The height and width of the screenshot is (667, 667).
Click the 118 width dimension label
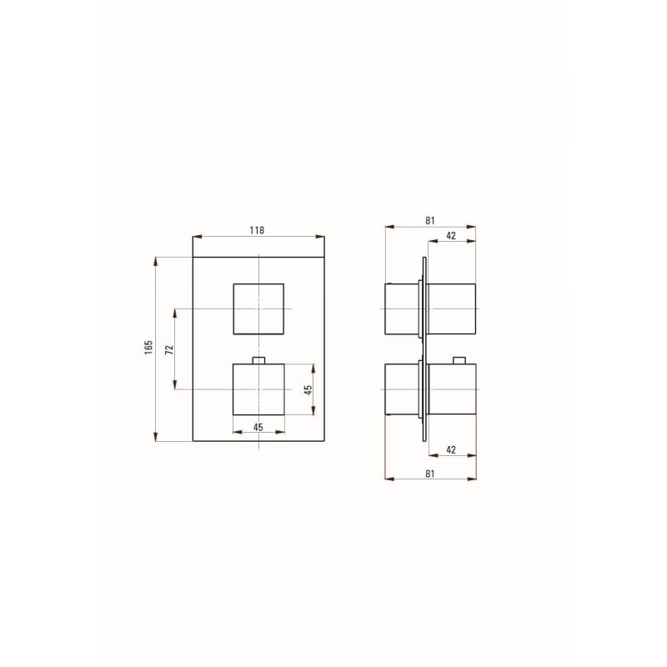[x=257, y=230]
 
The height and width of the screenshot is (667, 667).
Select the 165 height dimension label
[x=148, y=348]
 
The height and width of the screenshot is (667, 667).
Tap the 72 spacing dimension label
[x=169, y=350]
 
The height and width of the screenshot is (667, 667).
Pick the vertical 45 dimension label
[x=308, y=389]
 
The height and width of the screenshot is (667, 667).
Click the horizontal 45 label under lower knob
[x=258, y=427]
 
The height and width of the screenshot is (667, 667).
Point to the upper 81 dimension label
[x=430, y=220]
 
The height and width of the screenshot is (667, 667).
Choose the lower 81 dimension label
[x=430, y=474]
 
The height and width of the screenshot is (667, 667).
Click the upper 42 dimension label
[x=451, y=236]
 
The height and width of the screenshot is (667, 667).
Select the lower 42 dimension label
[x=451, y=449]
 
